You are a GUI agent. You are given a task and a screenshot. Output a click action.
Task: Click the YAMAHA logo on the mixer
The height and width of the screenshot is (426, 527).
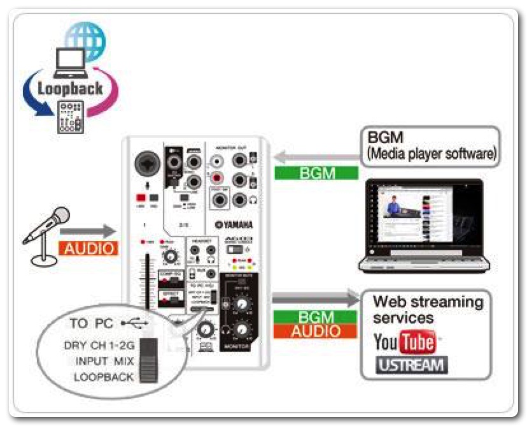coord(234,224)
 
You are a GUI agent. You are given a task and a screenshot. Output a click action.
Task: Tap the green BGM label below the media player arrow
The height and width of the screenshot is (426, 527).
coord(316,173)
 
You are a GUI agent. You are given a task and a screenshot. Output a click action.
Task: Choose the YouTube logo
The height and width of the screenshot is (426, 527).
coord(404,342)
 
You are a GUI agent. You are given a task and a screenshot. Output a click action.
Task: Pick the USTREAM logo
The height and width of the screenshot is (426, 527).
coord(411,365)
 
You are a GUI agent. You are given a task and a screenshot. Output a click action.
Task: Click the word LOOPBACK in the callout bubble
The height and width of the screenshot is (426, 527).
coord(104,377)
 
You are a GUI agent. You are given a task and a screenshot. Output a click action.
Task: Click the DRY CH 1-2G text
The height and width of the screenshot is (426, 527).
coord(99,345)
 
